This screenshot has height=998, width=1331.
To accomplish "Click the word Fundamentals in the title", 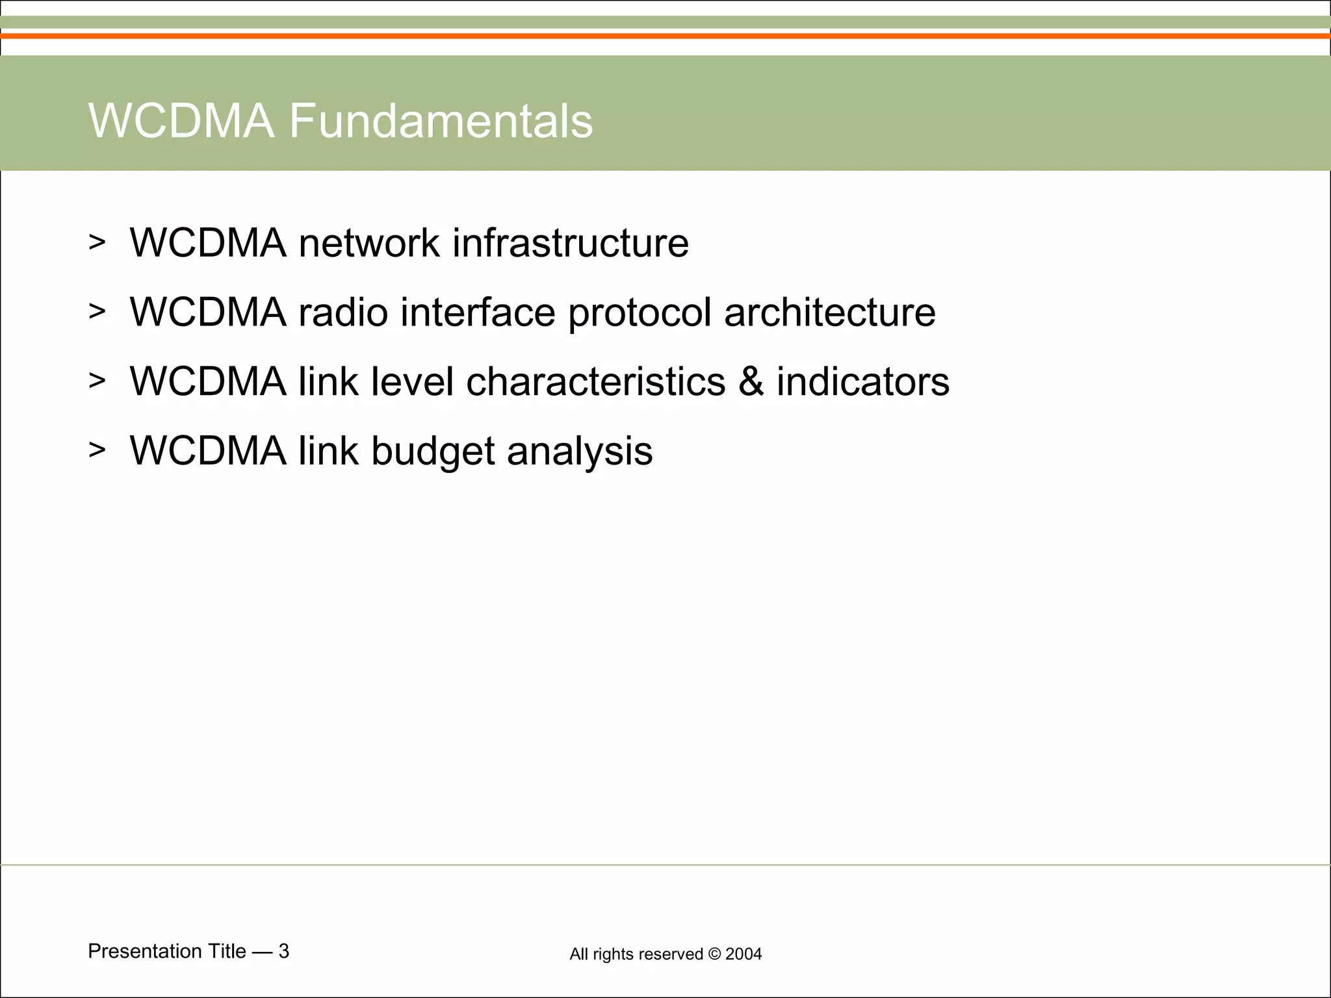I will click(x=441, y=121).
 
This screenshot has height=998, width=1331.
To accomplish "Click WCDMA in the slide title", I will click(x=181, y=121).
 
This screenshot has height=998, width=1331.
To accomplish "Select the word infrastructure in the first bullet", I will click(x=570, y=243).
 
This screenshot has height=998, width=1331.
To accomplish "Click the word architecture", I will click(x=829, y=313).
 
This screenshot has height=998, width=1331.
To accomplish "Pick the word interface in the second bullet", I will click(x=478, y=313).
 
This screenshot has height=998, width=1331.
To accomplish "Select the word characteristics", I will click(x=595, y=381).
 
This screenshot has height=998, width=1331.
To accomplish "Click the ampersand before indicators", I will click(x=751, y=381).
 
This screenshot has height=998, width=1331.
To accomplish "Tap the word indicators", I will click(x=862, y=381).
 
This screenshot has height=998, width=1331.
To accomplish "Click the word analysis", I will click(x=580, y=451).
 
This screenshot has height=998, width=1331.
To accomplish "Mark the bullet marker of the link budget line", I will click(x=97, y=450).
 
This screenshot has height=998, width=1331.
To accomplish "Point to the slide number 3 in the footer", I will click(x=283, y=951).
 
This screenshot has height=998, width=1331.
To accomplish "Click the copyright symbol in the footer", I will click(x=714, y=954).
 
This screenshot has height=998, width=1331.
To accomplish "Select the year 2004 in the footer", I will click(x=743, y=954).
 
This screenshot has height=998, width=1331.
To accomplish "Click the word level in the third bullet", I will click(x=412, y=381).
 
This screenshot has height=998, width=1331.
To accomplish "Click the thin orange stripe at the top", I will click(x=665, y=36).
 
